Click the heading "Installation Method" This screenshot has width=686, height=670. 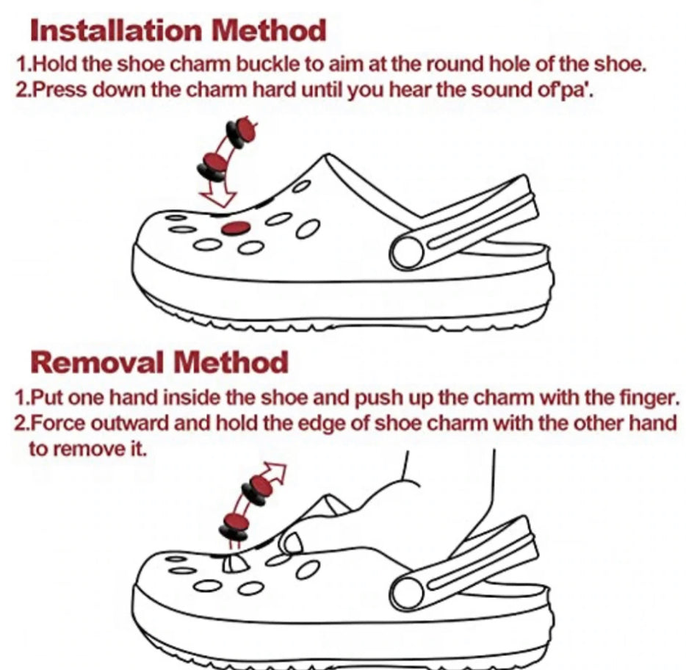(178, 31)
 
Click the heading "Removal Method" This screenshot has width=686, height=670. (159, 362)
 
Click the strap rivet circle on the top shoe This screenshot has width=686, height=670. (408, 253)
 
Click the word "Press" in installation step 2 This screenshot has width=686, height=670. (62, 90)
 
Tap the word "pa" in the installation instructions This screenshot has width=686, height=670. (576, 91)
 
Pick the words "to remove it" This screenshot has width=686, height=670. (87, 449)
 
